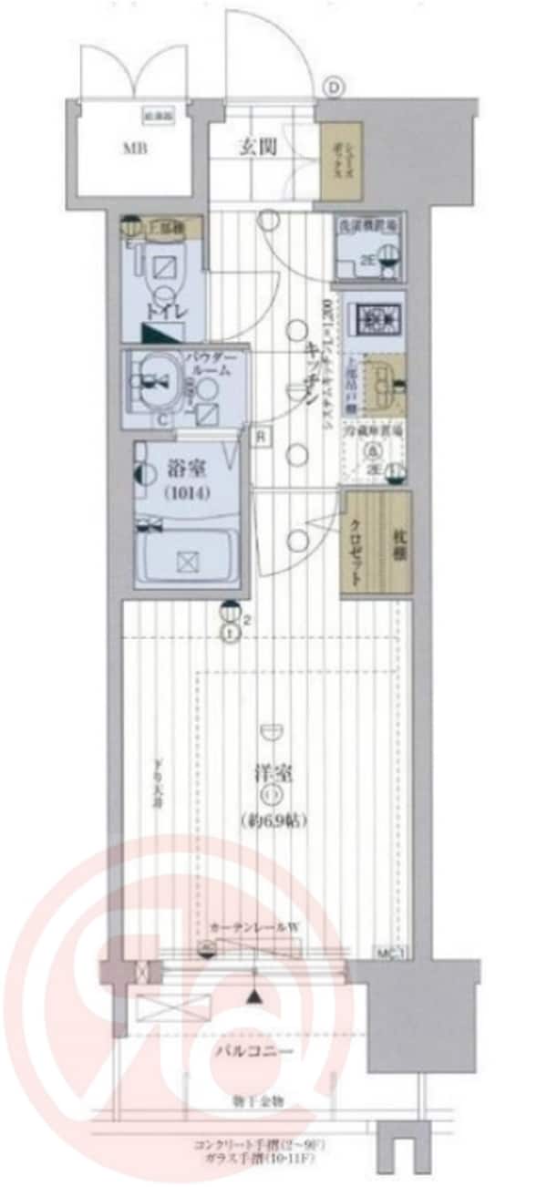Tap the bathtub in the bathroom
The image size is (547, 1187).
pyautogui.click(x=186, y=559)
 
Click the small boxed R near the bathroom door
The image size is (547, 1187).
pyautogui.click(x=260, y=435)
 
